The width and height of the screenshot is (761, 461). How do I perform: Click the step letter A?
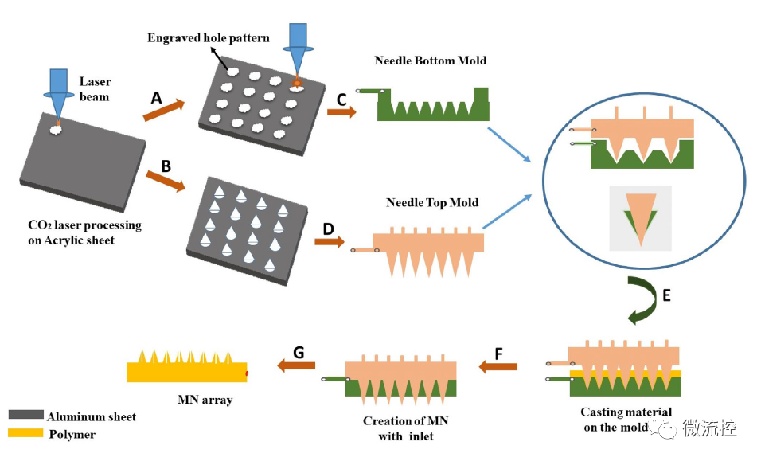pyautogui.click(x=157, y=98)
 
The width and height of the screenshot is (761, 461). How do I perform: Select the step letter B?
pyautogui.click(x=166, y=166)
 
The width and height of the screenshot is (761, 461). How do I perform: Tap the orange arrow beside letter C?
pyautogui.click(x=341, y=112)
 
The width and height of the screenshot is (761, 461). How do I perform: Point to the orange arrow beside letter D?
pyautogui.click(x=330, y=240)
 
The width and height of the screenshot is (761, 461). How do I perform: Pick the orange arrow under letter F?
pyautogui.click(x=498, y=366)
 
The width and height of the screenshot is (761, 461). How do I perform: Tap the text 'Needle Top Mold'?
pyautogui.click(x=432, y=202)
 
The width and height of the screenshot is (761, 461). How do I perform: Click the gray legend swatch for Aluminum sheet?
pyautogui.click(x=25, y=416)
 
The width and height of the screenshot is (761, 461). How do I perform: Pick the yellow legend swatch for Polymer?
pyautogui.click(x=25, y=434)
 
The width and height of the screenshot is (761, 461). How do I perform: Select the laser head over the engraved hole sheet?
pyautogui.click(x=298, y=44)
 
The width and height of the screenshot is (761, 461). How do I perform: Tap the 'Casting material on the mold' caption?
pyautogui.click(x=626, y=419)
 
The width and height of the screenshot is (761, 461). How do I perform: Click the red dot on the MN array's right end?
pyautogui.click(x=247, y=372)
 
